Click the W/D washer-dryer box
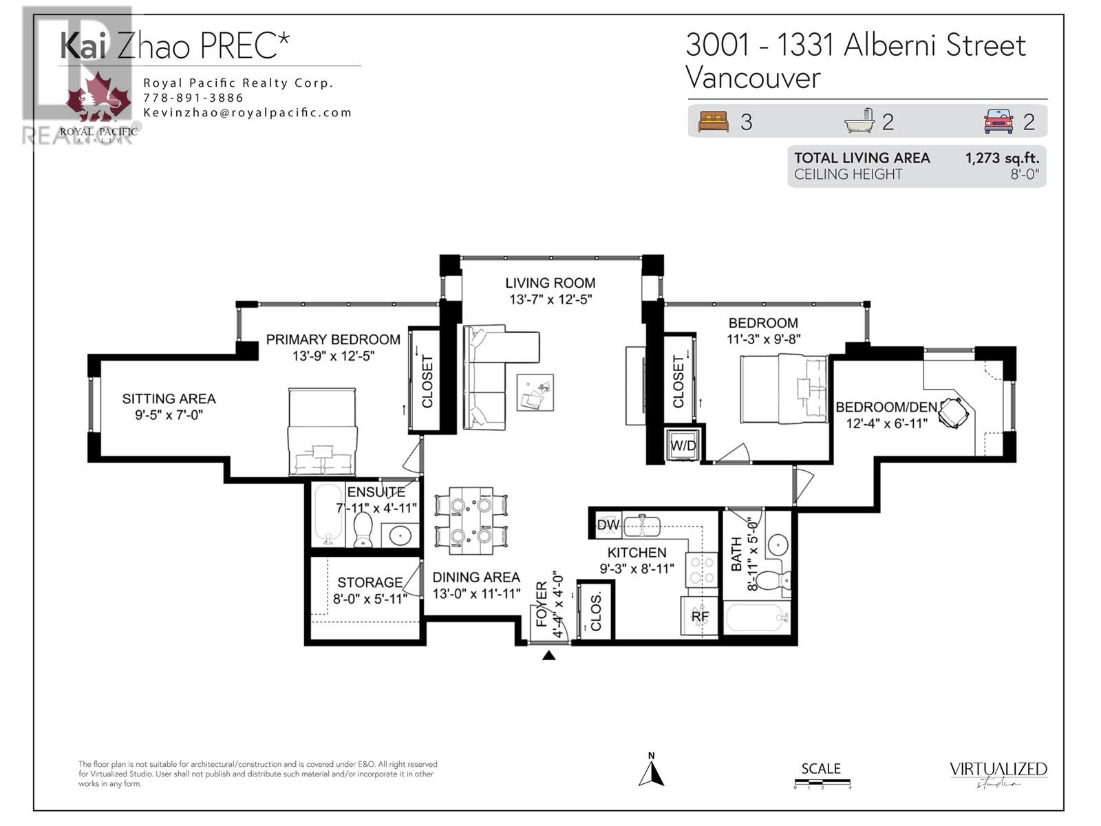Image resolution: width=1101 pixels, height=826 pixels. pos(683,445)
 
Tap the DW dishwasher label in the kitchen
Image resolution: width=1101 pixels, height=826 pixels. pos(608,525)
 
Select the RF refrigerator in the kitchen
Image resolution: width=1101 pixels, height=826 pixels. pos(700,616)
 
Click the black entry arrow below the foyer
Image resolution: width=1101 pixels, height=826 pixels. pos(548,655)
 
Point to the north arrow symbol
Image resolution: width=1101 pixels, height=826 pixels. pos(650,770)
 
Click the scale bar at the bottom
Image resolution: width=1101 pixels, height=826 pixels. pos(822,783)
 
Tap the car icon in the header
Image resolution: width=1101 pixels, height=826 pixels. pos(998,122)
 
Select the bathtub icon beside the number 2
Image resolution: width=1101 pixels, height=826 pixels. pos(859,121)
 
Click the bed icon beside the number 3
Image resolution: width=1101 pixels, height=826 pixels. pos(713,122)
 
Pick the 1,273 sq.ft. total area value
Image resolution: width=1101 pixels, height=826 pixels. pos(1001,158)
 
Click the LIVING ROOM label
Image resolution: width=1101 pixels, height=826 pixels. pos(550,283)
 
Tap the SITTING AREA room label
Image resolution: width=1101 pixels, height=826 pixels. pos(169,399)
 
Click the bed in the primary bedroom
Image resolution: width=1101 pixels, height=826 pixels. pos(322,432)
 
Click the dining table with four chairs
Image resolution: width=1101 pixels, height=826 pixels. pos(471,520)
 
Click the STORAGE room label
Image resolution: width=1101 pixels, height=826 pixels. pos(370,582)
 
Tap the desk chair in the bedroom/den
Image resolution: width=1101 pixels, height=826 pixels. pos(954,412)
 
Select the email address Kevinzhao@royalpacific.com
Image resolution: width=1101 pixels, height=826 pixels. pos(248,113)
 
